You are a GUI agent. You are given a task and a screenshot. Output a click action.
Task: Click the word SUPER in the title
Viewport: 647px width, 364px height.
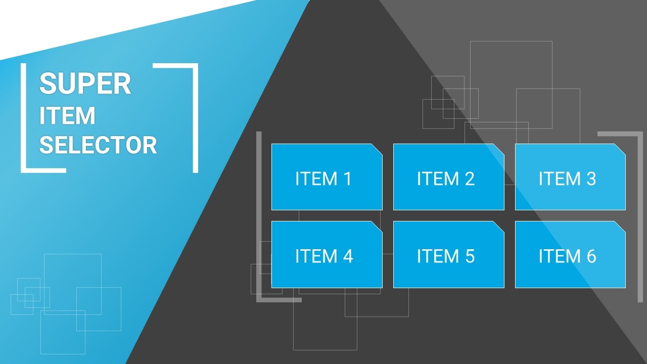pos(85,84)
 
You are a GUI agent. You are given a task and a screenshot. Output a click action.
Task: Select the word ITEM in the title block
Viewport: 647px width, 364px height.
pos(67,116)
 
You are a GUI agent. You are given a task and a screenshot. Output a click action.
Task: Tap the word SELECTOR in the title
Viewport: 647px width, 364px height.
pos(98,145)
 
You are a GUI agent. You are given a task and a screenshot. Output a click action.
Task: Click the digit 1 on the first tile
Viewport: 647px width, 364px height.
pos(347,178)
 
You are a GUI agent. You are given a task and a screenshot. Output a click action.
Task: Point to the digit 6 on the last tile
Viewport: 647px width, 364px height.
pos(591,256)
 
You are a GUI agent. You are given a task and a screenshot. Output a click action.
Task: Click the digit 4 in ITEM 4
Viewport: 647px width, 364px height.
pos(347,256)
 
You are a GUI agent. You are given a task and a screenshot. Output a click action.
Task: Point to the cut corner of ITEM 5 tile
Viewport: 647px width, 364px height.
pos(499,226)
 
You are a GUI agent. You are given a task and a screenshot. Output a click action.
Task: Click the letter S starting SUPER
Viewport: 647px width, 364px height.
pos(47,84)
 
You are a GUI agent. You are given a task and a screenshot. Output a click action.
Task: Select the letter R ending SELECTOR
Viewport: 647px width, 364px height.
pos(150,145)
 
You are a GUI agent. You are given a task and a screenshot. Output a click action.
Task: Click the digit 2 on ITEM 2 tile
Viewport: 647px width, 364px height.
pos(469,178)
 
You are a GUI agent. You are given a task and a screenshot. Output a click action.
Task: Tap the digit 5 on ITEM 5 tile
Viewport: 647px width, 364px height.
pos(469,256)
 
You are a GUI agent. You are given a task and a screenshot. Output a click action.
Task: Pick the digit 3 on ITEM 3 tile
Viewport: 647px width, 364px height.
pos(590,178)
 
